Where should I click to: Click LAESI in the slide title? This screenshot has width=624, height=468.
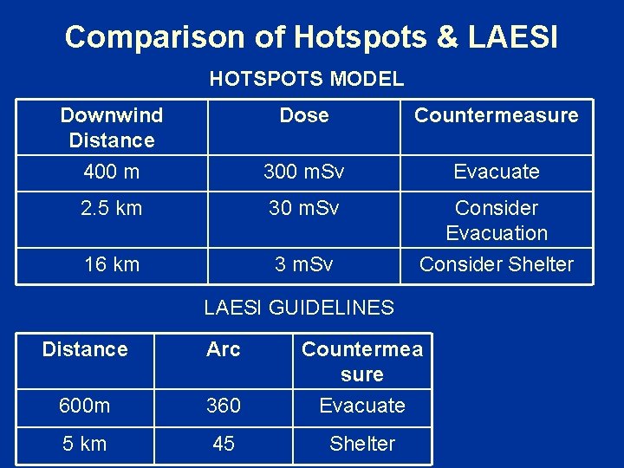click(513, 37)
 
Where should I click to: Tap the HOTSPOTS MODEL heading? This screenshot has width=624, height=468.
click(307, 79)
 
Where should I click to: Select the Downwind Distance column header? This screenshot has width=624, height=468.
click(111, 127)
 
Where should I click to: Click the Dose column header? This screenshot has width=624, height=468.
click(304, 115)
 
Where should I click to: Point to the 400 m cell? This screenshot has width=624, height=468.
click(111, 172)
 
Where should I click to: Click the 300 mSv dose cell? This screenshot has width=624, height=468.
click(304, 172)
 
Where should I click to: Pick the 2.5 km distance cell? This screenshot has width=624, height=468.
click(111, 208)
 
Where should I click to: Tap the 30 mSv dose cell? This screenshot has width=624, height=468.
click(304, 208)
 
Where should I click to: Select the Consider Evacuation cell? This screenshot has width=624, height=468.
click(497, 220)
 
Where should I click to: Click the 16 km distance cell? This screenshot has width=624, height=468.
click(111, 264)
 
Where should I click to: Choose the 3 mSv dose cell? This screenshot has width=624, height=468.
click(304, 264)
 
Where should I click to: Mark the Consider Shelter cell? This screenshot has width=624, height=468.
click(497, 264)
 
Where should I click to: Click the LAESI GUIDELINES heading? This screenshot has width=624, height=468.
click(299, 307)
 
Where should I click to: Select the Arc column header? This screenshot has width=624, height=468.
click(224, 349)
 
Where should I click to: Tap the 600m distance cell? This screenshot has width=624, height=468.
click(85, 406)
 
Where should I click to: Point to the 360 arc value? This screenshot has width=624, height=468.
click(224, 406)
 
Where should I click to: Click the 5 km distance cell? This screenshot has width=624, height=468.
click(85, 444)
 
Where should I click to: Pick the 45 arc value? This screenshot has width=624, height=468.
click(224, 444)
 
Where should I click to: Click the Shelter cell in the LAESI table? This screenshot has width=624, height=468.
click(362, 444)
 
